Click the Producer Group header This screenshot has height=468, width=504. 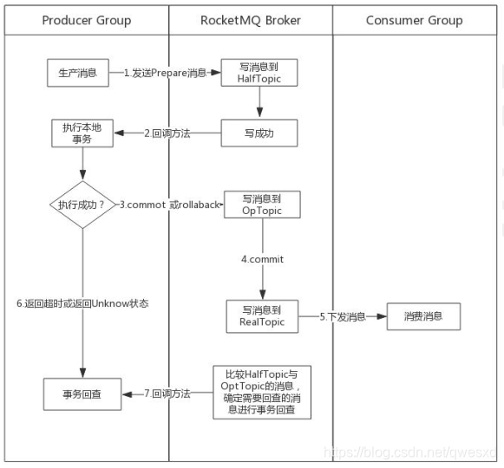tap(87, 20)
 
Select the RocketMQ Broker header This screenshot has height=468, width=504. tap(250, 20)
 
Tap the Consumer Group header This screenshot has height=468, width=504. tap(414, 20)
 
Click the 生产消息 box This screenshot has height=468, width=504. tap(77, 74)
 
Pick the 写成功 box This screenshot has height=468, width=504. tap(259, 133)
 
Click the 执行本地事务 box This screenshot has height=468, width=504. tap(82, 133)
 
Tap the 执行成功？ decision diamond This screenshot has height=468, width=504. tap(82, 205)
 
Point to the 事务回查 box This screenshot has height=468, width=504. tap(82, 393)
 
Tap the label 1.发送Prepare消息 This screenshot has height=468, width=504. tap(165, 74)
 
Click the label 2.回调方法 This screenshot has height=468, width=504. tap(167, 133)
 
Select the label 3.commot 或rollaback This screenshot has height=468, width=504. tap(170, 205)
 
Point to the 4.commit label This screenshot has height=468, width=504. tap(262, 259)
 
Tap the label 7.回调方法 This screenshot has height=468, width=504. tap(167, 393)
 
